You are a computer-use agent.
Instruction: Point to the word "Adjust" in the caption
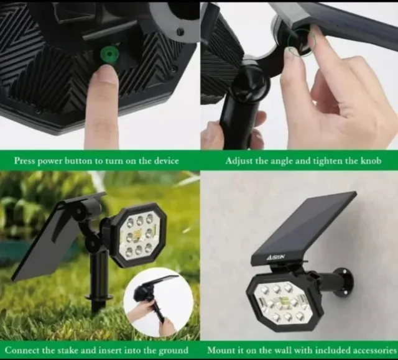(x=239, y=160)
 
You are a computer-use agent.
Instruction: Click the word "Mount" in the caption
(x=221, y=350)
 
